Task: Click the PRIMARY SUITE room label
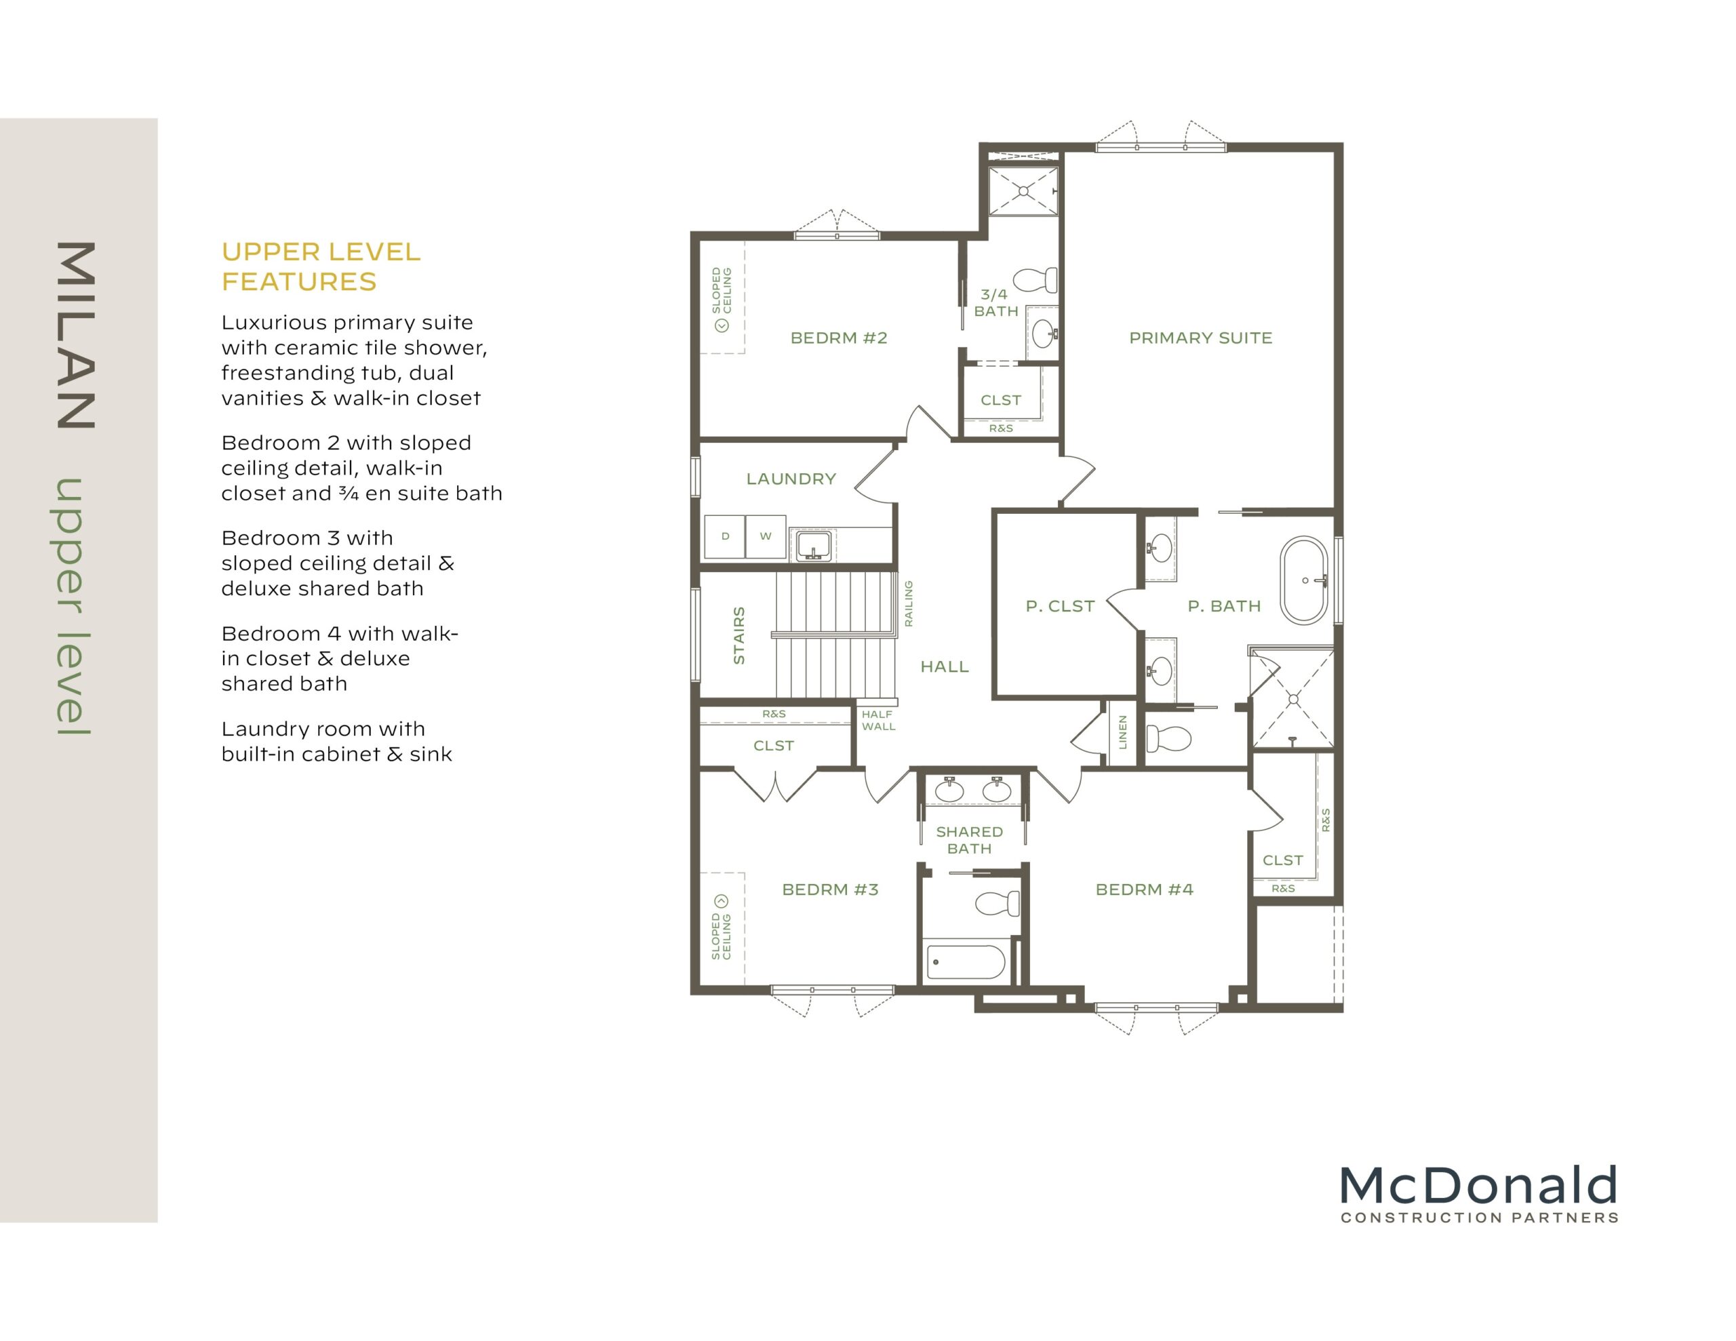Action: [x=1200, y=338]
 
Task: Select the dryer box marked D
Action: [x=725, y=536]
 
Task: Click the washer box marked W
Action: [x=766, y=536]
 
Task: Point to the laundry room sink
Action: [x=812, y=546]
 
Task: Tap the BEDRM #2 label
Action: [x=839, y=338]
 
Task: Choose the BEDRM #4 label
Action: [x=1145, y=889]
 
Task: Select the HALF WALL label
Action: [x=878, y=720]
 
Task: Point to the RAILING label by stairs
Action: [x=909, y=603]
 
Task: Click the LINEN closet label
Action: [x=1122, y=732]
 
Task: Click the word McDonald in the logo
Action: [x=1478, y=1186]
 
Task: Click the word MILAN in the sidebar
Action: [x=77, y=336]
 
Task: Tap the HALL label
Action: [x=945, y=667]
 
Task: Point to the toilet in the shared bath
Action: [x=998, y=904]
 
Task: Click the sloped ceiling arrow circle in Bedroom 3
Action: [x=721, y=900]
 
